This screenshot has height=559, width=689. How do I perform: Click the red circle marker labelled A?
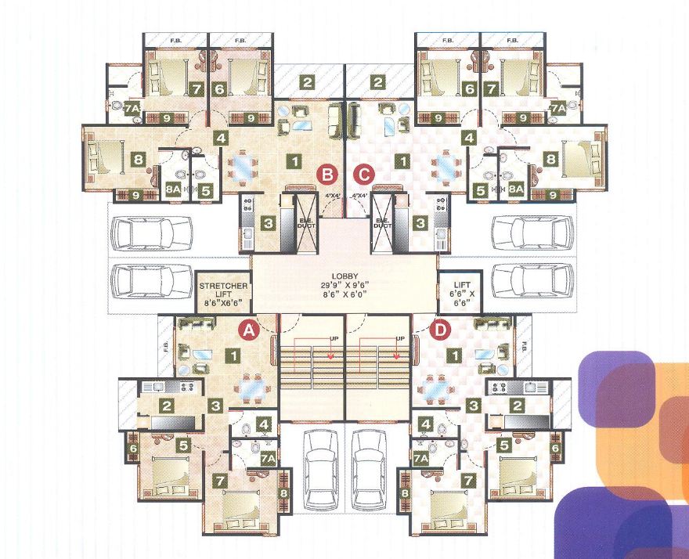click(x=249, y=331)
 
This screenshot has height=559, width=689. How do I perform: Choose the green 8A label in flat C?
click(x=516, y=189)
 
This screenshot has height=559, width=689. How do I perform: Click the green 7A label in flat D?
click(x=421, y=457)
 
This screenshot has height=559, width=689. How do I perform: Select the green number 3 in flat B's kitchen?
click(x=269, y=224)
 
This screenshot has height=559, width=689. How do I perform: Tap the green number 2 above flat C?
click(x=380, y=82)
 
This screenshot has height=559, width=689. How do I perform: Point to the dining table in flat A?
click(x=251, y=386)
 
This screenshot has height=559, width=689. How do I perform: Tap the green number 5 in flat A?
click(x=183, y=445)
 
